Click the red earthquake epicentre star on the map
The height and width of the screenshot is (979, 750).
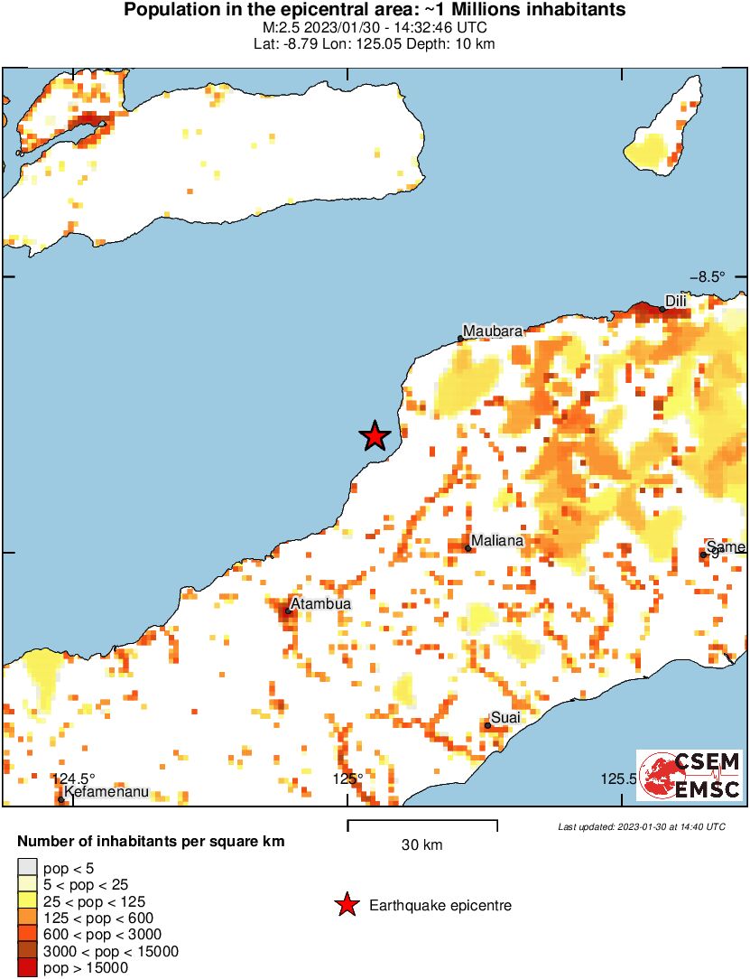(x=375, y=436)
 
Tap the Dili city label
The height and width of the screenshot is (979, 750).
(x=676, y=301)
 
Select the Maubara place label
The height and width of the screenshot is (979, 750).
(x=493, y=331)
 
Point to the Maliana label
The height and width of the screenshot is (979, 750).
(x=497, y=540)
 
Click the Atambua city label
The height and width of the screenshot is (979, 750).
(x=320, y=604)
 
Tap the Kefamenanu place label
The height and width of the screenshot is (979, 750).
(x=106, y=792)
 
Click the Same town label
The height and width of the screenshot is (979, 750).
(x=727, y=546)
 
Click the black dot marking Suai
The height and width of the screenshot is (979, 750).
(x=487, y=725)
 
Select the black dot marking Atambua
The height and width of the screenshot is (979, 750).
(x=288, y=611)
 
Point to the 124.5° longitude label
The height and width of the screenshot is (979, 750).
(x=73, y=779)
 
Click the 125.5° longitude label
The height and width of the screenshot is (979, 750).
(x=619, y=779)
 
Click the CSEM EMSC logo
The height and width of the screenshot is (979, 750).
(x=690, y=775)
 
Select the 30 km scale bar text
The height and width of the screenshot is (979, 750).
(x=421, y=845)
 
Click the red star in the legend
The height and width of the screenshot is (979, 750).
(x=345, y=905)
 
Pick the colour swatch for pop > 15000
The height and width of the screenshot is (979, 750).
(x=28, y=968)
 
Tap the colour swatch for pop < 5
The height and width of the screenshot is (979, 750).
(x=28, y=869)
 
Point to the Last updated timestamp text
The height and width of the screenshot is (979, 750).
(x=641, y=826)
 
